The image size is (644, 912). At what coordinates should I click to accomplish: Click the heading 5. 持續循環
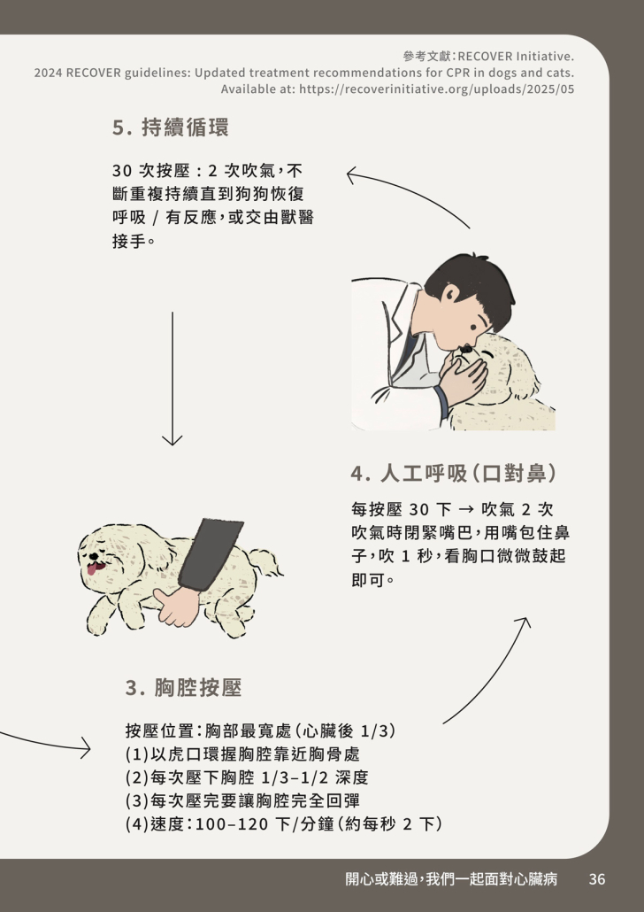tap(171, 128)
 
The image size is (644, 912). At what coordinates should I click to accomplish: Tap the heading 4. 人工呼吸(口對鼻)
tap(453, 474)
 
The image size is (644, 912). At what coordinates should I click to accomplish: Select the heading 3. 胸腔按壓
tap(184, 687)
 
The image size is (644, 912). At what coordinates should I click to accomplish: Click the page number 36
tap(597, 879)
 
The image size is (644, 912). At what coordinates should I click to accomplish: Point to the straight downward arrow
tap(172, 378)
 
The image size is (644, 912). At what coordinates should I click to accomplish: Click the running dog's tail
tap(265, 560)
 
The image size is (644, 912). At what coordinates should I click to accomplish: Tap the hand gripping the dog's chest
tap(177, 607)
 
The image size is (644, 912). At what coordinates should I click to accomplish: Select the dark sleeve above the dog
tap(211, 553)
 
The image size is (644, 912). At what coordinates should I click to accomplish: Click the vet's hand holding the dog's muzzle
tap(464, 379)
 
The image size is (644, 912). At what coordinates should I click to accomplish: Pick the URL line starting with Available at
tap(397, 89)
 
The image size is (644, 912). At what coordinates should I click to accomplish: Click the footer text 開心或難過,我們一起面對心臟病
tap(451, 879)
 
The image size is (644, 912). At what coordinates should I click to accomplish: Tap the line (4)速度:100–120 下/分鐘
tap(284, 824)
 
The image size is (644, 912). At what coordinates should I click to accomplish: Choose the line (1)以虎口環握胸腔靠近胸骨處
tap(242, 754)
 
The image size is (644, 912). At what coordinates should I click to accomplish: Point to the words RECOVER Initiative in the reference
tap(516, 57)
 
